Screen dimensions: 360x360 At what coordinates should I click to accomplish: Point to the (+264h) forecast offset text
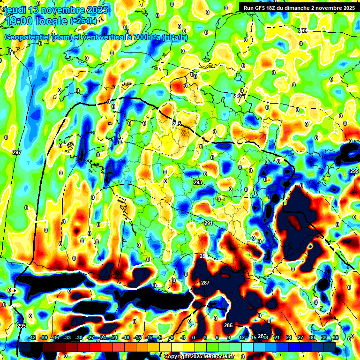coord(83,21)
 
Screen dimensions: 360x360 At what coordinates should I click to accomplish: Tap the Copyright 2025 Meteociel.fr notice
coord(199,356)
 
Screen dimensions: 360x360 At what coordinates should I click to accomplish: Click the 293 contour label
coord(198,182)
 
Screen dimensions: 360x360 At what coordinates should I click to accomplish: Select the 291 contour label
coord(209,223)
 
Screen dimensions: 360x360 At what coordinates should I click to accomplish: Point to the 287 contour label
coord(205,283)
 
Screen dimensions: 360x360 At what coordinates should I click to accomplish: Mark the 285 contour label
coord(228,325)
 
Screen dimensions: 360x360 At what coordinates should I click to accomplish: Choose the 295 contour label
coord(22,326)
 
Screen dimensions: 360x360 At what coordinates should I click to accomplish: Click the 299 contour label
coord(354,171)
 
